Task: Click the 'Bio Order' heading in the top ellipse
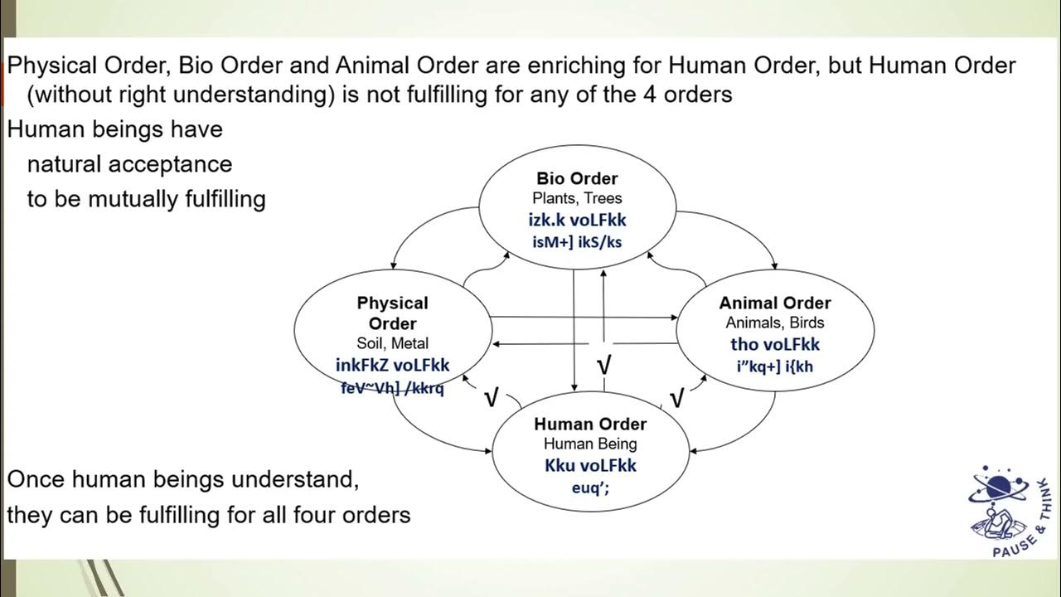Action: [x=577, y=178]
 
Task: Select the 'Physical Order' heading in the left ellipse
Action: [x=392, y=313]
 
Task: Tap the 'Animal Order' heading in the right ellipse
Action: [x=774, y=303]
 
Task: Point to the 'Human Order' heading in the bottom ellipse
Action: [x=590, y=424]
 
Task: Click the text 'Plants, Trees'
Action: [x=577, y=198]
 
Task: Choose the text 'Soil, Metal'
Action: [x=392, y=343]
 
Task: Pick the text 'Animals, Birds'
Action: [x=774, y=323]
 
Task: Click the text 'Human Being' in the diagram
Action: [x=590, y=444]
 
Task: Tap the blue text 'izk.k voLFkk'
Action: [x=577, y=220]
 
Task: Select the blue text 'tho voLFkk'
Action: [x=774, y=344]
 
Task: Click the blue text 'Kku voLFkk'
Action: [x=590, y=465]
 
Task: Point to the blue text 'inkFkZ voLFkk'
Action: [x=392, y=365]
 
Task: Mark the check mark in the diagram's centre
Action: [x=605, y=364]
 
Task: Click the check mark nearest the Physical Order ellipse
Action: [x=490, y=399]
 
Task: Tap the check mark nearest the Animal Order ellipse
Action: [x=676, y=399]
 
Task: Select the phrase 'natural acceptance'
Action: [x=129, y=164]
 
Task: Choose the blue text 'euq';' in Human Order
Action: [x=590, y=488]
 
